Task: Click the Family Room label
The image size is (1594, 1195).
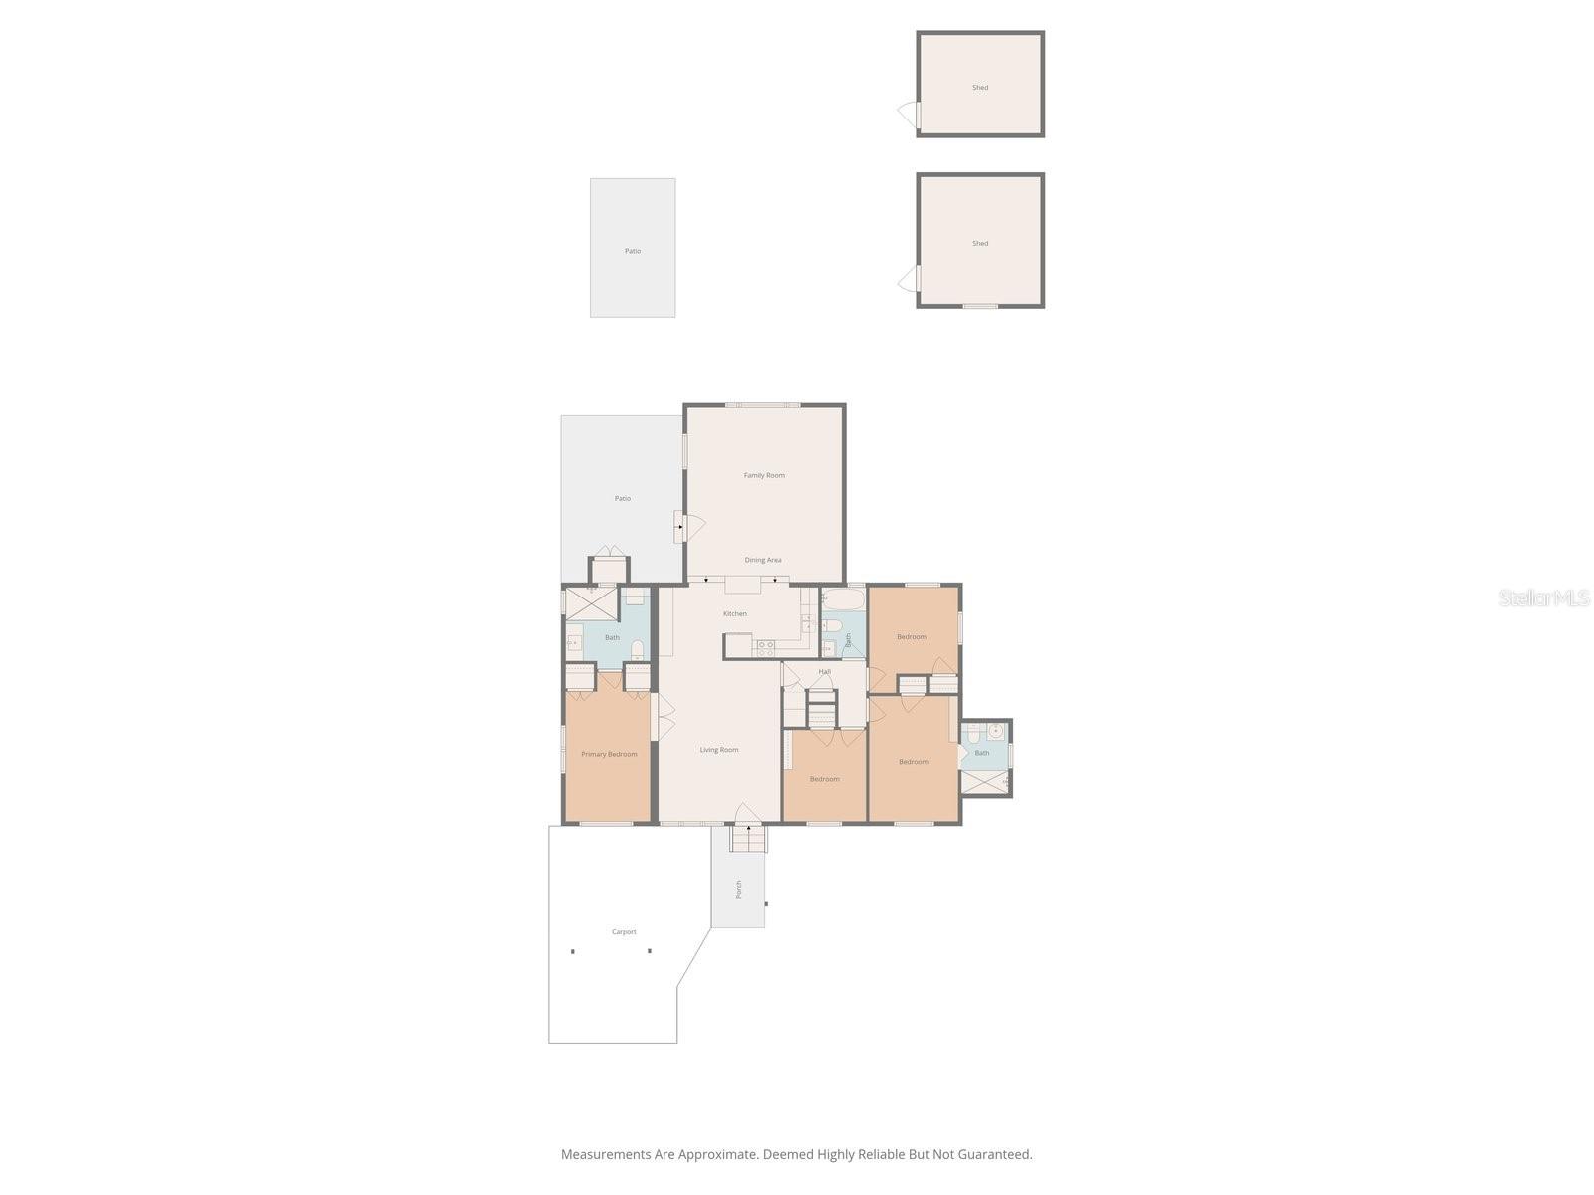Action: tap(764, 475)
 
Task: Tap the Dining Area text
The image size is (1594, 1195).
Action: tap(763, 560)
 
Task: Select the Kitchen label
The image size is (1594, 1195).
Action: tap(735, 613)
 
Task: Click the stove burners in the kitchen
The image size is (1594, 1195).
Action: tap(766, 647)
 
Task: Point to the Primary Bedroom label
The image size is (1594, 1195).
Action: tap(609, 754)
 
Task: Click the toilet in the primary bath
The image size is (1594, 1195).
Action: tap(638, 650)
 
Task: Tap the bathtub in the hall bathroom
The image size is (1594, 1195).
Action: tap(844, 599)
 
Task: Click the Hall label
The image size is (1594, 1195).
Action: tap(825, 672)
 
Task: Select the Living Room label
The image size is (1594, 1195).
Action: tap(719, 750)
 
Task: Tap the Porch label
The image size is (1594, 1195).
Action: tap(739, 889)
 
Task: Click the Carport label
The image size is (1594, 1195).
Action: tap(624, 932)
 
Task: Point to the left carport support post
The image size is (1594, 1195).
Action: tap(573, 951)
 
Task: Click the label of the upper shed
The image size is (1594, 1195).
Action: tap(980, 88)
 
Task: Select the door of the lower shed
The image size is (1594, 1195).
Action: tap(908, 280)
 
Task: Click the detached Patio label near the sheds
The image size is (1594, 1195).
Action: tap(633, 251)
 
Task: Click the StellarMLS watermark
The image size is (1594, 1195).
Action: tap(1544, 597)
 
